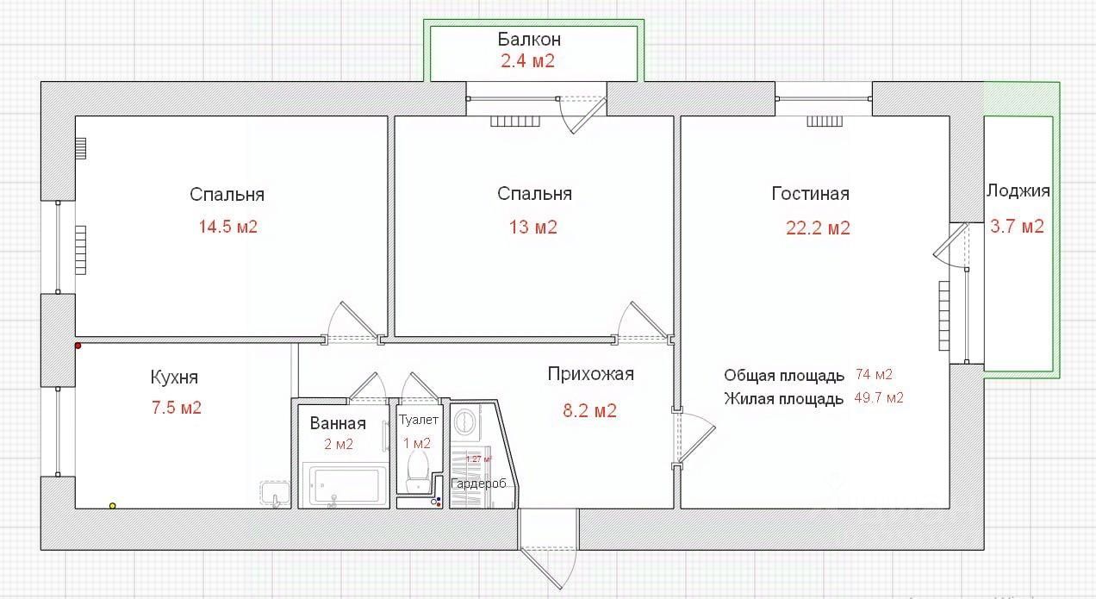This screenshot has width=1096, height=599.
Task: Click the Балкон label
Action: click(529, 40)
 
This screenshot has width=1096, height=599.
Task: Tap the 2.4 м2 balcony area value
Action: click(527, 61)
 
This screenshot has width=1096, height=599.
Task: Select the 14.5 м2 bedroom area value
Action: click(228, 228)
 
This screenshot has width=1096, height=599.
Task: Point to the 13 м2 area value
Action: click(534, 228)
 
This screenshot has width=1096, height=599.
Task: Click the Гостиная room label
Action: click(810, 194)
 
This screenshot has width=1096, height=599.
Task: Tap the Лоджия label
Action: click(1018, 191)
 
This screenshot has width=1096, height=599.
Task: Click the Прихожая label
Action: click(590, 374)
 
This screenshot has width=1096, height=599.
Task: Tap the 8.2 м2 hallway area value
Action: click(589, 411)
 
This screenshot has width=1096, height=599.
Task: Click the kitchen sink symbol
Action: click(275, 494)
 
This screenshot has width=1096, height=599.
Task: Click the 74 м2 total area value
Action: click(874, 375)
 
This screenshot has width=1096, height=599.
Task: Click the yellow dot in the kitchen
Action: click(112, 506)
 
